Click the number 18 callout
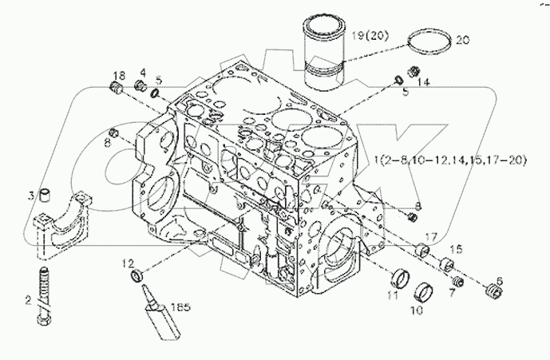119,73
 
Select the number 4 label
142,73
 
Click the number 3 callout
31,196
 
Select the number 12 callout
127,263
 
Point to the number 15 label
458,249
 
